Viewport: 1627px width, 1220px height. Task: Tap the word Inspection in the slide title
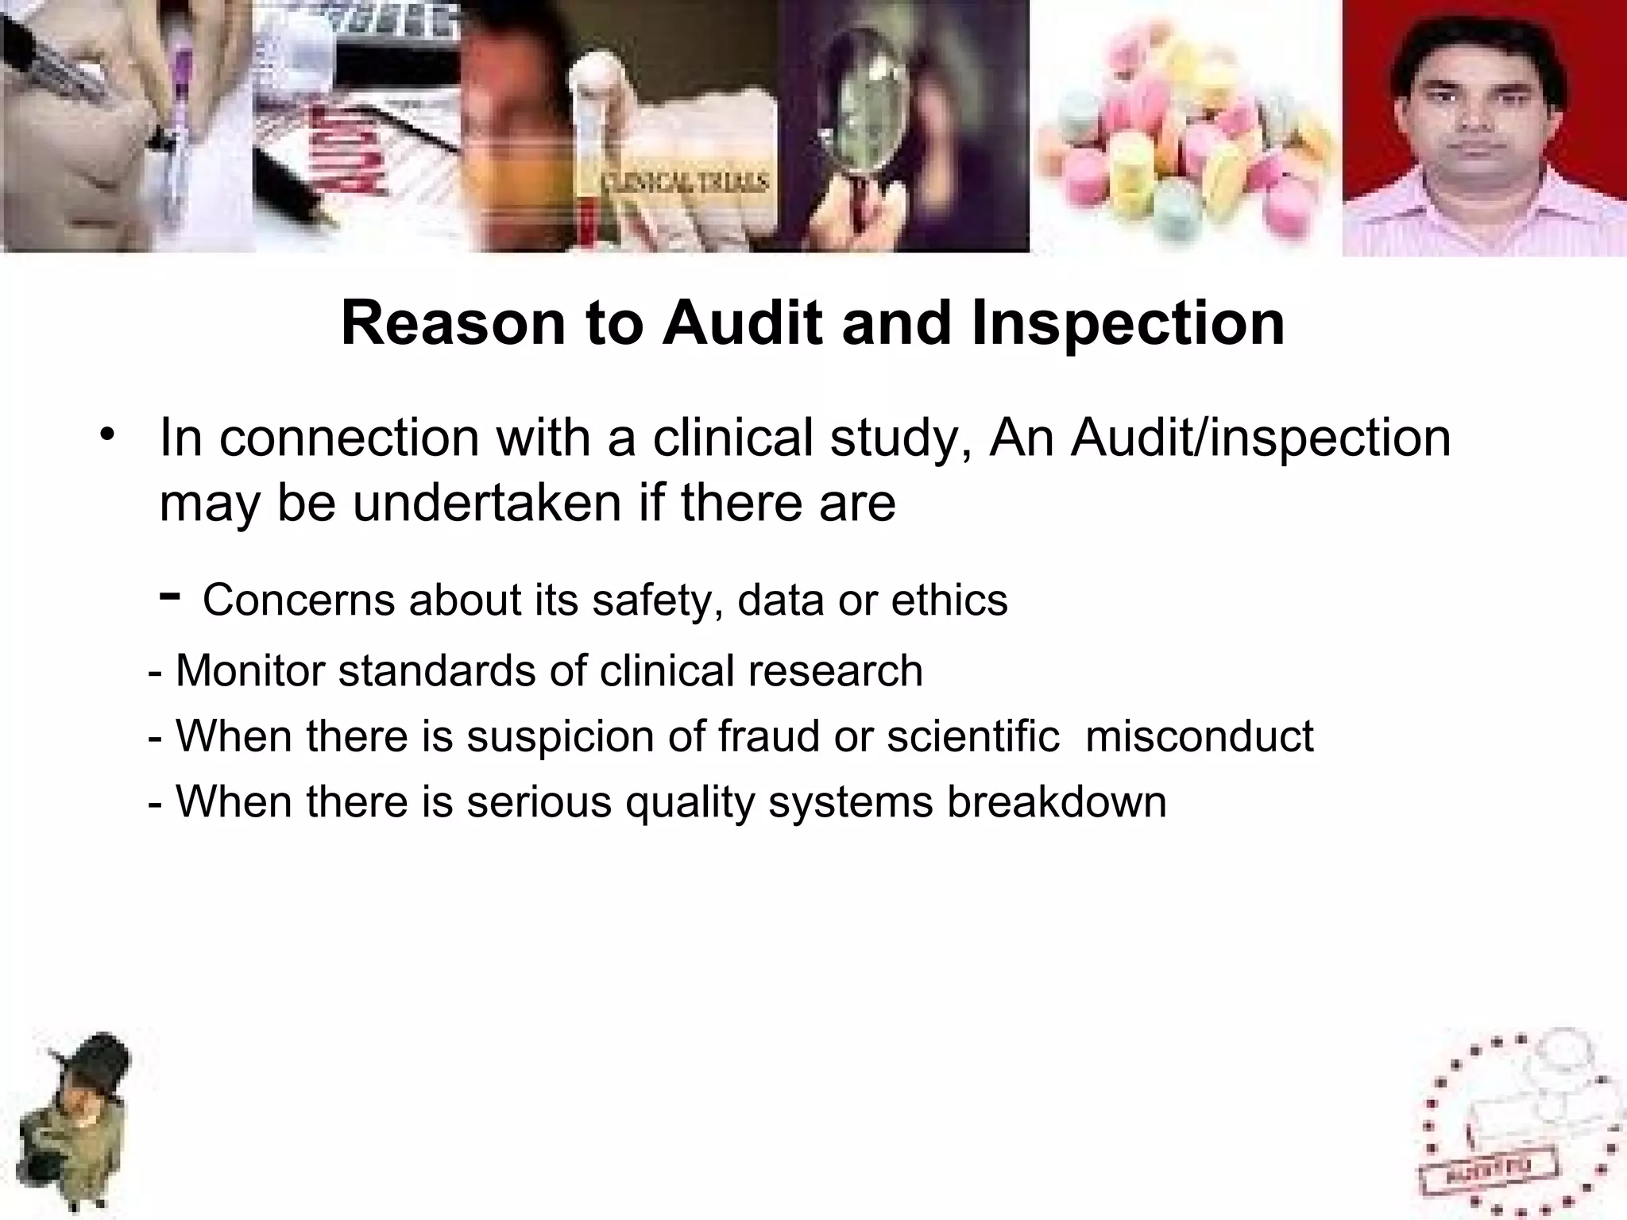pyautogui.click(x=1127, y=324)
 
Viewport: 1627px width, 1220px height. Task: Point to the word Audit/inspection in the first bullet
pyautogui.click(x=1260, y=438)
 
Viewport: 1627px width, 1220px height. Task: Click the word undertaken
pyautogui.click(x=487, y=503)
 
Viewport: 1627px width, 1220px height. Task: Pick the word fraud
pyautogui.click(x=768, y=735)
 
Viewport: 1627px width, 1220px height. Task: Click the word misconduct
pyautogui.click(x=1199, y=735)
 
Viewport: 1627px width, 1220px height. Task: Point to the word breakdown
pyautogui.click(x=1057, y=801)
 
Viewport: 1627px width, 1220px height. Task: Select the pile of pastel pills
pyautogui.click(x=1184, y=131)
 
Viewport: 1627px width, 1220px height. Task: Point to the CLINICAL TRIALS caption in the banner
pyautogui.click(x=685, y=183)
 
